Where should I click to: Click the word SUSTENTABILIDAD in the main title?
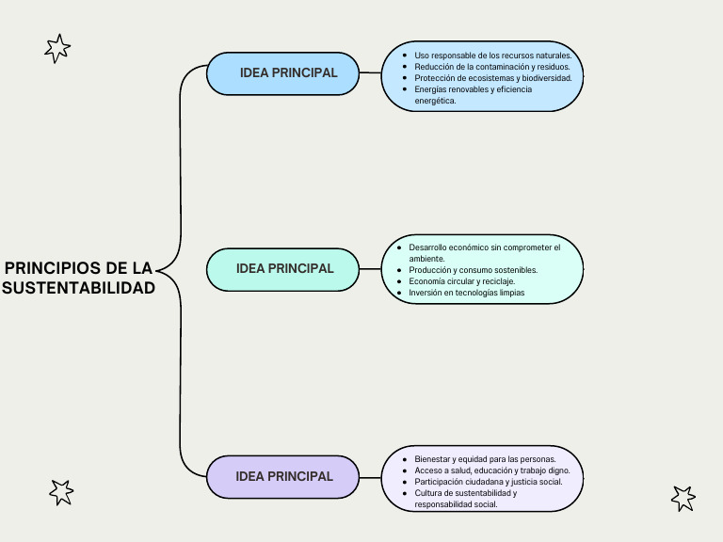(79, 288)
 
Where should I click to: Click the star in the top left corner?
(57, 48)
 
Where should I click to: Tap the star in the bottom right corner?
(683, 498)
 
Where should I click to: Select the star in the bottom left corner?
(61, 491)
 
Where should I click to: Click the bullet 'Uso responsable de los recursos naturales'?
(492, 56)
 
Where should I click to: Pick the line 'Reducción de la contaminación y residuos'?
(492, 67)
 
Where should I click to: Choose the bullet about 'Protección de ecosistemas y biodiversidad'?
(492, 78)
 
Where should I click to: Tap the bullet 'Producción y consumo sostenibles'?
(473, 270)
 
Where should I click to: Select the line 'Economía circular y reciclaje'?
(461, 281)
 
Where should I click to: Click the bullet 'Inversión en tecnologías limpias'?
(466, 293)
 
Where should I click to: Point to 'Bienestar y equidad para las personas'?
(485, 459)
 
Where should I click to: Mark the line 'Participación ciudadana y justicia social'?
(488, 482)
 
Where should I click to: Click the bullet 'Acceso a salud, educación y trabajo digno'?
(491, 470)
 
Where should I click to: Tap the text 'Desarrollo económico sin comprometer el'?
(484, 247)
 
